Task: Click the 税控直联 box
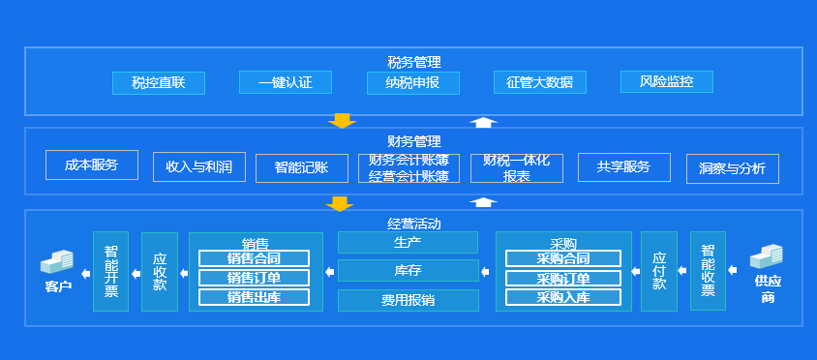pos(159,82)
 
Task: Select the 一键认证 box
pos(286,82)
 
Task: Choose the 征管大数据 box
pos(539,82)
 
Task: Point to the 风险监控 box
pos(666,81)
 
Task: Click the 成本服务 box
pos(92,165)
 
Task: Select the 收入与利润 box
pos(199,167)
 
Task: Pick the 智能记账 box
pos(302,168)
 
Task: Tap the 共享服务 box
pos(624,167)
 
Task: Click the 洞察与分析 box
pos(732,168)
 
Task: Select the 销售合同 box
pos(254,258)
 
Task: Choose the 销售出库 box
pos(254,297)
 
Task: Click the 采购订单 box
pos(562,278)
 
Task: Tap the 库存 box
pos(408,270)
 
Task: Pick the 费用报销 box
pos(408,300)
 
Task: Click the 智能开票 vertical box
pos(110,271)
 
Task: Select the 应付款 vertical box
pos(659,271)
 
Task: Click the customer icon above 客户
pos(57,261)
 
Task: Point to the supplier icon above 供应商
pos(767,257)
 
